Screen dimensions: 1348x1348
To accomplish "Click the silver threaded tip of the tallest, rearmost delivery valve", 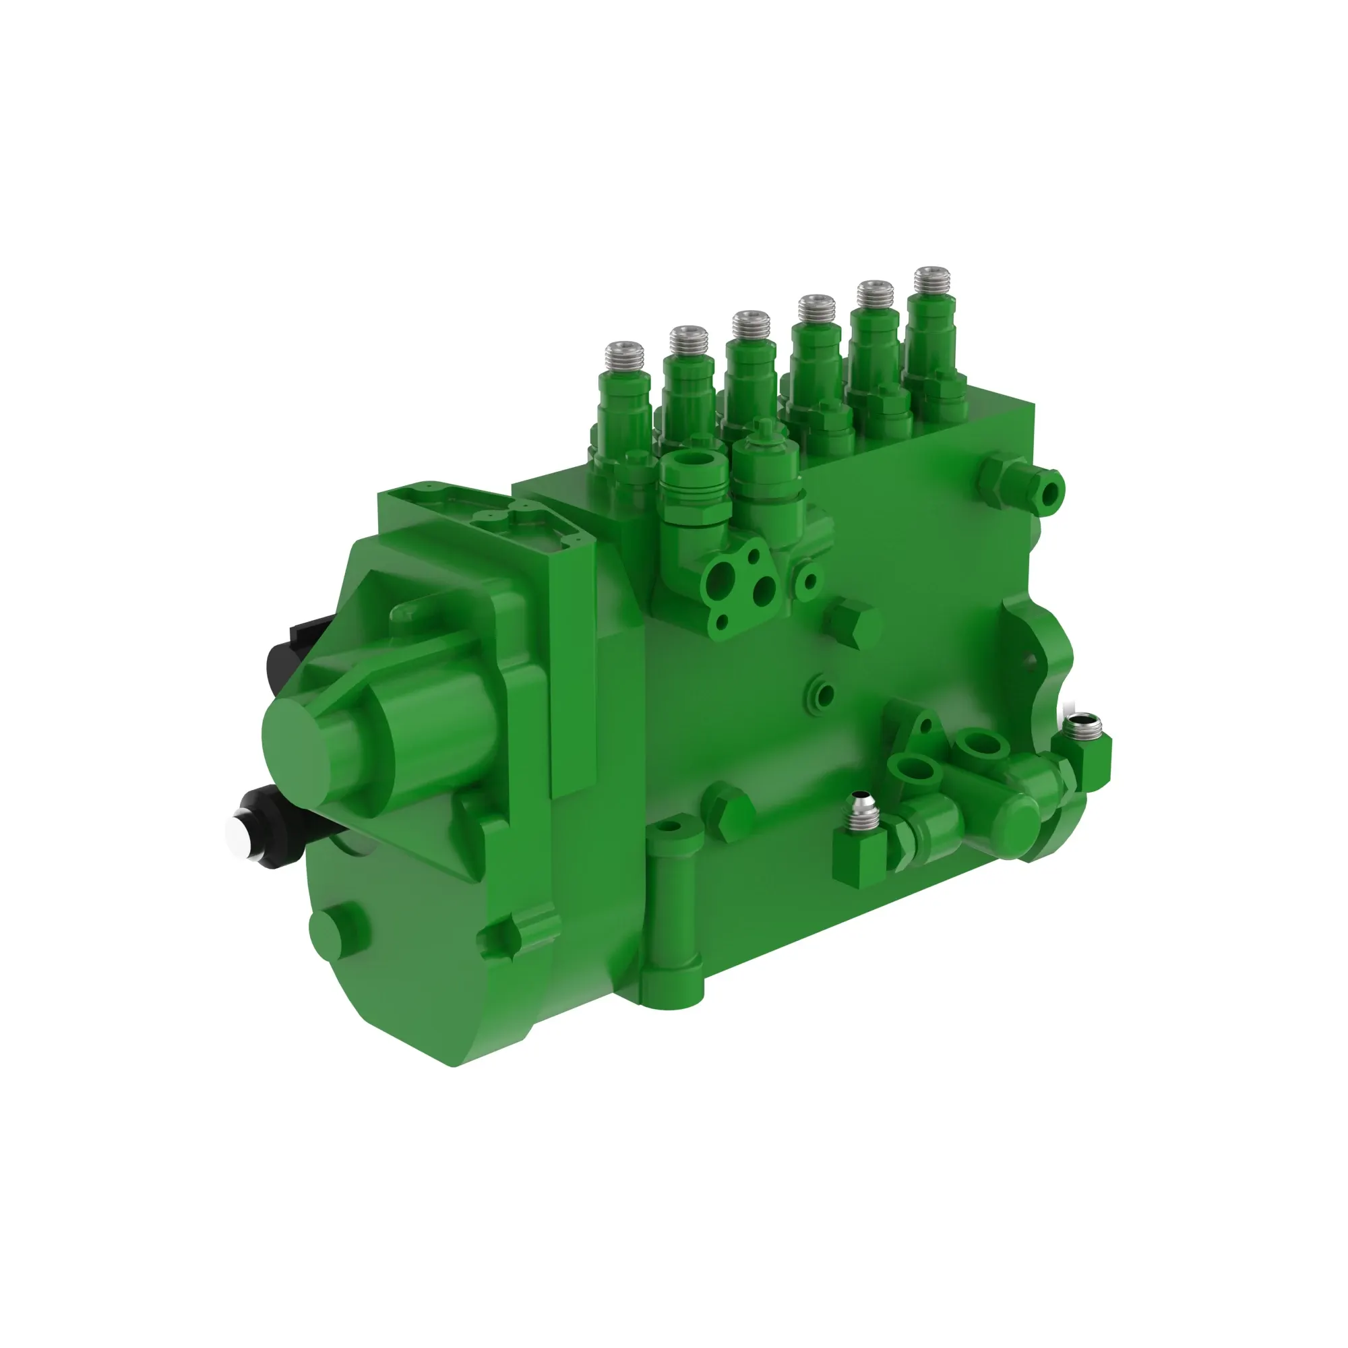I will [x=933, y=281].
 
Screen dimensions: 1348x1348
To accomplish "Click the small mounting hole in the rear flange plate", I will [x=1027, y=656].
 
